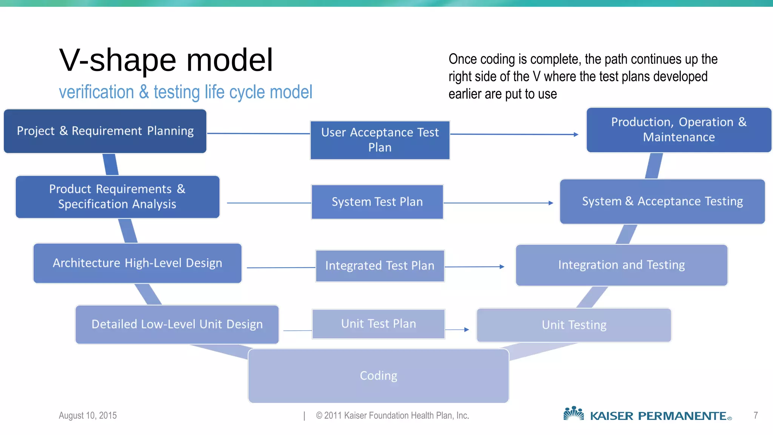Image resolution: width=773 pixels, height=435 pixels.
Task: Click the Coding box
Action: [378, 376]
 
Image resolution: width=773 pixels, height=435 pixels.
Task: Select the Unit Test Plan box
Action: [378, 324]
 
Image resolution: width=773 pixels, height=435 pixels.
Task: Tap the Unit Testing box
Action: [574, 325]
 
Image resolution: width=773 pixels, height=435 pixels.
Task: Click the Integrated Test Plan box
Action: [380, 266]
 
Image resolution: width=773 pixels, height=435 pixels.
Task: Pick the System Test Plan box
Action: [377, 202]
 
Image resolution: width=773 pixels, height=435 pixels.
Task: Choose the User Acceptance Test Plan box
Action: [380, 140]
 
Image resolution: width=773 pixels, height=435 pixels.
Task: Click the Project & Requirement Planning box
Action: [105, 131]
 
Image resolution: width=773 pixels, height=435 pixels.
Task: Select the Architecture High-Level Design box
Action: [137, 263]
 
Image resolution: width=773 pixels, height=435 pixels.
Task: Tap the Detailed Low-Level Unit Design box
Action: [177, 324]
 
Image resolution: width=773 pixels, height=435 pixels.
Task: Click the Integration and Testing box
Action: [621, 265]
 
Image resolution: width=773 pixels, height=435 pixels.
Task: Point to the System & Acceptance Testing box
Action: [662, 202]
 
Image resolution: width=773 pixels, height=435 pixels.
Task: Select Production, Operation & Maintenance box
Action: [679, 130]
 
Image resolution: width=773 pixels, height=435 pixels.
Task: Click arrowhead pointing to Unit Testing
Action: [467, 330]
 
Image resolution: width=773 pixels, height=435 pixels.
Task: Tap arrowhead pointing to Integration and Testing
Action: [502, 267]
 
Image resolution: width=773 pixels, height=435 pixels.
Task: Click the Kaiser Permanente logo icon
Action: [573, 413]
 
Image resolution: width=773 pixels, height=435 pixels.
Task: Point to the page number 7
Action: [756, 415]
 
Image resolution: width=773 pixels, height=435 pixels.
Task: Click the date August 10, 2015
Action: [88, 415]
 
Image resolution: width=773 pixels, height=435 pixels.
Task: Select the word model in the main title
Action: [229, 60]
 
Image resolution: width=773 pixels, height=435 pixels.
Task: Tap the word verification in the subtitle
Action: [96, 92]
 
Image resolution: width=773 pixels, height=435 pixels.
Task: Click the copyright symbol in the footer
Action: [319, 416]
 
